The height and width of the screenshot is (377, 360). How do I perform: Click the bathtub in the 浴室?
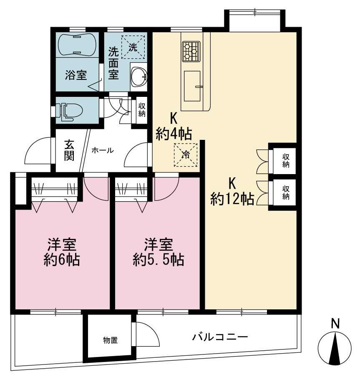tap(77, 45)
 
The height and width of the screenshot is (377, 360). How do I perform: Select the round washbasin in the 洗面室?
tap(139, 76)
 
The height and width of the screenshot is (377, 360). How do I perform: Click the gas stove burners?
tap(191, 51)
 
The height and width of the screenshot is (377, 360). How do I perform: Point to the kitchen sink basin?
tap(192, 86)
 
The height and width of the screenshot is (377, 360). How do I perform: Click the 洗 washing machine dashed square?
tap(133, 47)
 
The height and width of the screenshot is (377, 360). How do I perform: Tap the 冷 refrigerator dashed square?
tap(186, 155)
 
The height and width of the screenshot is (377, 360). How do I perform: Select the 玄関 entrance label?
tap(69, 150)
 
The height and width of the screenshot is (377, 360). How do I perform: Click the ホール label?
tap(103, 151)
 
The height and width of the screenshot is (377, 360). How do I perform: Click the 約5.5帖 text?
tap(159, 259)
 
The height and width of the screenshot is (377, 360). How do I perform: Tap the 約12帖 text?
tap(232, 199)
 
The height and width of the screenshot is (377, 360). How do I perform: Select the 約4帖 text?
tap(174, 134)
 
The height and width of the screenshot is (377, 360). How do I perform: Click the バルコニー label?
tap(220, 337)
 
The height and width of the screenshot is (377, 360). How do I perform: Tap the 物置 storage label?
tap(111, 340)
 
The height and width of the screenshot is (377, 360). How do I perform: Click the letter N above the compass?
tap(335, 324)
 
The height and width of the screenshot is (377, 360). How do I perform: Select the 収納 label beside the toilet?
tap(142, 110)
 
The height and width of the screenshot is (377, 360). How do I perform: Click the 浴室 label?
tap(76, 75)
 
